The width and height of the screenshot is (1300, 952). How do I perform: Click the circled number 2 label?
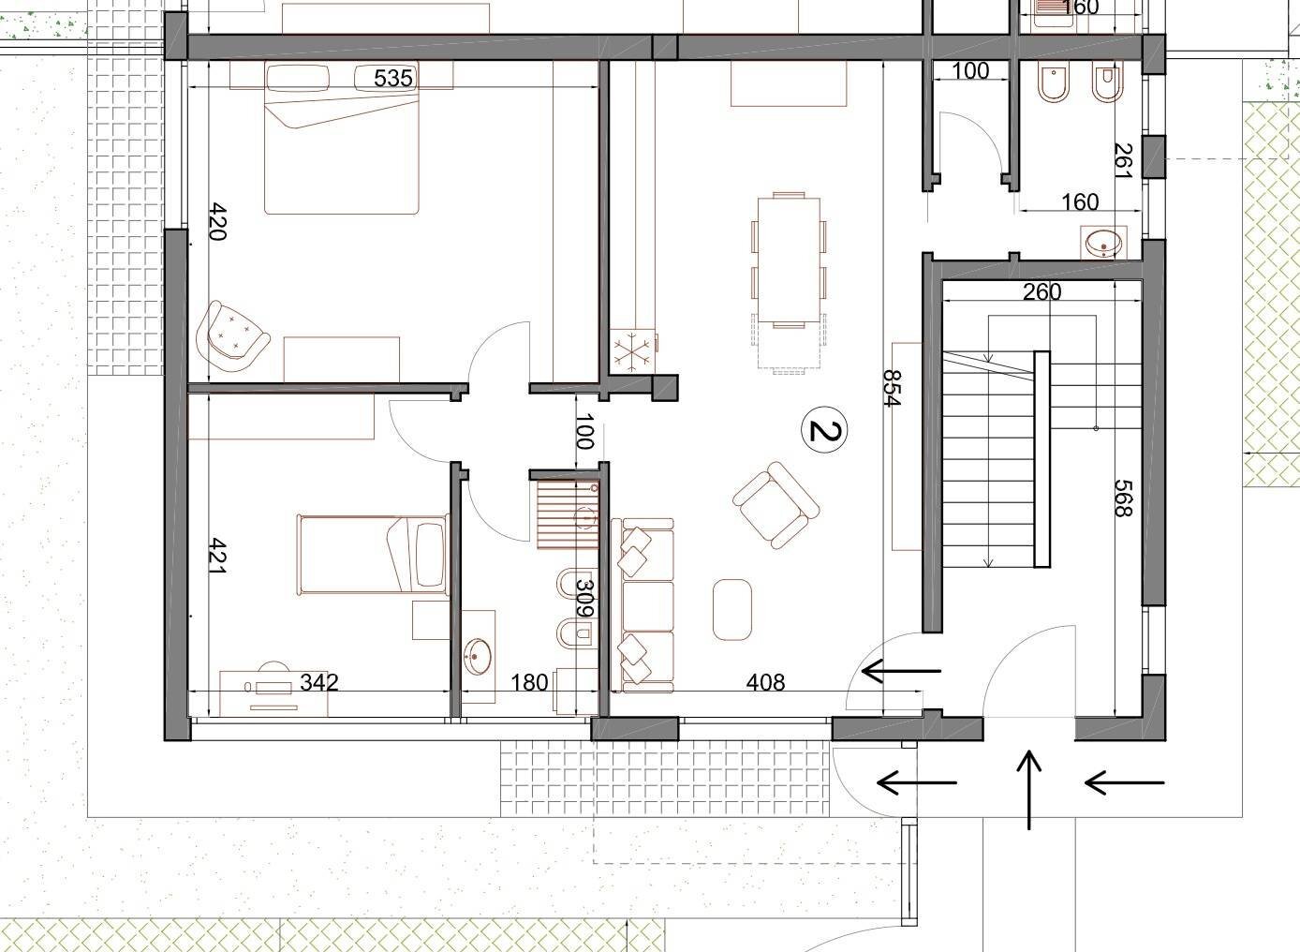[x=824, y=430]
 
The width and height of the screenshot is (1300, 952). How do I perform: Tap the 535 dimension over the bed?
[x=392, y=78]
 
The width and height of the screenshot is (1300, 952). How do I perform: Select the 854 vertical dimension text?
[x=892, y=388]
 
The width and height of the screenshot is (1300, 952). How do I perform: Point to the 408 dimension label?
[x=765, y=683]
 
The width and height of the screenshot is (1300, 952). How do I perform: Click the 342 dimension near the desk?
[x=318, y=682]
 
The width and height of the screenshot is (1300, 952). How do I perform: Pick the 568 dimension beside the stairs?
[x=1124, y=498]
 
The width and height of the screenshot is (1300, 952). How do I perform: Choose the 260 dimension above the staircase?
[x=1041, y=292]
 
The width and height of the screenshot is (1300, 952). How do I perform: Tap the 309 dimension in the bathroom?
[x=585, y=599]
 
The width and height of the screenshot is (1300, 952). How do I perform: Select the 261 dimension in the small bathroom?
[x=1124, y=161]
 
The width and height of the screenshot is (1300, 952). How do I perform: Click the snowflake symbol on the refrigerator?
[x=631, y=352]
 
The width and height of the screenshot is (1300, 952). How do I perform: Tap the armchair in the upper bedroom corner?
[x=231, y=337]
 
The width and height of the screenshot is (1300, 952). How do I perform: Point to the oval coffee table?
[x=731, y=609]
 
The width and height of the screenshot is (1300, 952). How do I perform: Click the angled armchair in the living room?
[x=776, y=504]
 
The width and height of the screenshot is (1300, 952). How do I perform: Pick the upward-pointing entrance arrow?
[x=1029, y=790]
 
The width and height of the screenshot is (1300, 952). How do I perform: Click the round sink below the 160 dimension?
[x=1101, y=244]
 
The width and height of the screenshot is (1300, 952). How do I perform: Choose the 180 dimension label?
[x=528, y=683]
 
